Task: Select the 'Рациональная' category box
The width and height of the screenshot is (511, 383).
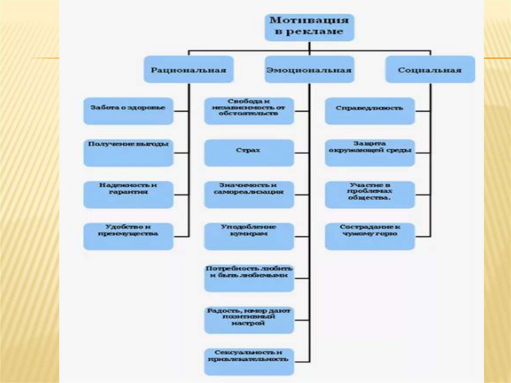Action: coord(188,69)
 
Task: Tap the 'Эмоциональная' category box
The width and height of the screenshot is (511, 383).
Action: coord(309,69)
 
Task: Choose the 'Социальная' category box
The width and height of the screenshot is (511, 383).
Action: coord(430,69)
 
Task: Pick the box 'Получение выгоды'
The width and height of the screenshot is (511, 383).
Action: coord(128,152)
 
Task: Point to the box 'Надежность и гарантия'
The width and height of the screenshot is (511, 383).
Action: coord(128,194)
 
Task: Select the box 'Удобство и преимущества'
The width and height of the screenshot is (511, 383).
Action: coord(128,236)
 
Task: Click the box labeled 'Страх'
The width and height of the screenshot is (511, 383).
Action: coord(249,152)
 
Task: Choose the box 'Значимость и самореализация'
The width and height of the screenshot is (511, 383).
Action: coord(249,194)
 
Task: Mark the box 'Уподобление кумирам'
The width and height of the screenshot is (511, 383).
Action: coord(249,236)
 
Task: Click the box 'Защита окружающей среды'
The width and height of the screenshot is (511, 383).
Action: coord(370,152)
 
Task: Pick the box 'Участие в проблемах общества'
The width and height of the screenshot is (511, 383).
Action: coord(370,194)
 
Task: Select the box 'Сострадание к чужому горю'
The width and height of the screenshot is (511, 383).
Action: coord(370,236)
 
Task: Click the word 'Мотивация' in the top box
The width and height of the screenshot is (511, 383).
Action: coord(309,20)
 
